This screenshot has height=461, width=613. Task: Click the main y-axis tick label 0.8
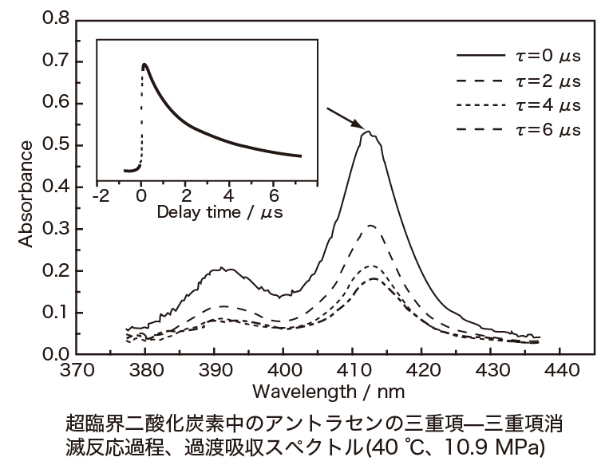click(x=53, y=18)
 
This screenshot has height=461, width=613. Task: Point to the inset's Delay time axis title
click(x=219, y=212)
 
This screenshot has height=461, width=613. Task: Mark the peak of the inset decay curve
click(x=144, y=65)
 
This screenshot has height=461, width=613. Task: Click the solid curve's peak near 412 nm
click(x=368, y=132)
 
